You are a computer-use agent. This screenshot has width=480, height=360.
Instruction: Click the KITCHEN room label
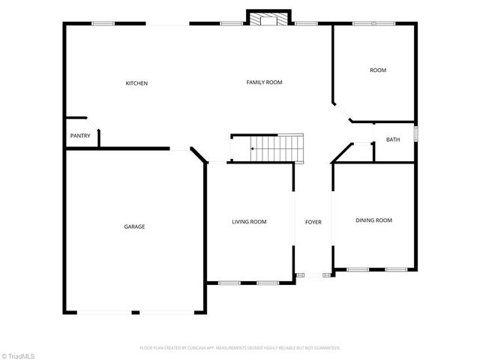[x=136, y=82]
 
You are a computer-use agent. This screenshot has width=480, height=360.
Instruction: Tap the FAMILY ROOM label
[x=264, y=82]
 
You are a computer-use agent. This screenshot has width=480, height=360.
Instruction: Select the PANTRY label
[x=80, y=136]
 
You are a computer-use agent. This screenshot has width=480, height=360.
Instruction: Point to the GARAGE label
[x=134, y=226]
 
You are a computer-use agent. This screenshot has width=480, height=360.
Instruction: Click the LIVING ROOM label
[x=249, y=221]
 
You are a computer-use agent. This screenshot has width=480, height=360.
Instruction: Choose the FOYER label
[x=313, y=222]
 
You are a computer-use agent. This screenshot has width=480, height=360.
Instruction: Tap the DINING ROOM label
[x=373, y=220]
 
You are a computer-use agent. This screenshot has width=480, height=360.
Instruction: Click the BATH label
[x=393, y=139]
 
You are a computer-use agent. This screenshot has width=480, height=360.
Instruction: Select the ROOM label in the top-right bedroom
[x=377, y=70]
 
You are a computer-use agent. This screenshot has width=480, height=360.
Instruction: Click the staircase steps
[x=277, y=148]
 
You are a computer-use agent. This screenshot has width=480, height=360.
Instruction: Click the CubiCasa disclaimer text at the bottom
[x=240, y=348]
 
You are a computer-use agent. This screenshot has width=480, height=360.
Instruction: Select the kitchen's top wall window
[x=103, y=23]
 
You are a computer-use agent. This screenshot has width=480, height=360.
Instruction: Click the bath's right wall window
[x=415, y=135]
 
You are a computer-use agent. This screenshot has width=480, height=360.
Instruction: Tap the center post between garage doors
[x=135, y=312]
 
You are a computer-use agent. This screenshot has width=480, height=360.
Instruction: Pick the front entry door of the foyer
[x=313, y=276]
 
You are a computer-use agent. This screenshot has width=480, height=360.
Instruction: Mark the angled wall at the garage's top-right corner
[x=198, y=155]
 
